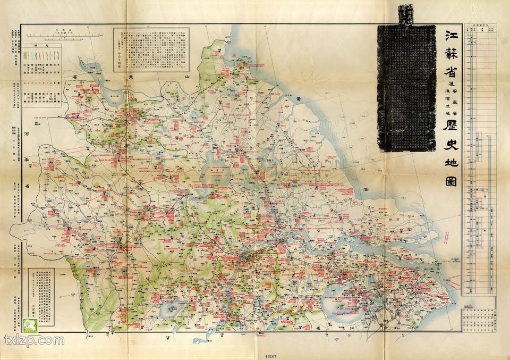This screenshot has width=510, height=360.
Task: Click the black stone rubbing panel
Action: point(406,88)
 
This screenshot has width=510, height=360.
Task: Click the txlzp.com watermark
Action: point(35,340)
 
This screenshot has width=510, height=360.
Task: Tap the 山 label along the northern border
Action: point(186,78)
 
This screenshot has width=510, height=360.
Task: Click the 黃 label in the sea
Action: point(300,99)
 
